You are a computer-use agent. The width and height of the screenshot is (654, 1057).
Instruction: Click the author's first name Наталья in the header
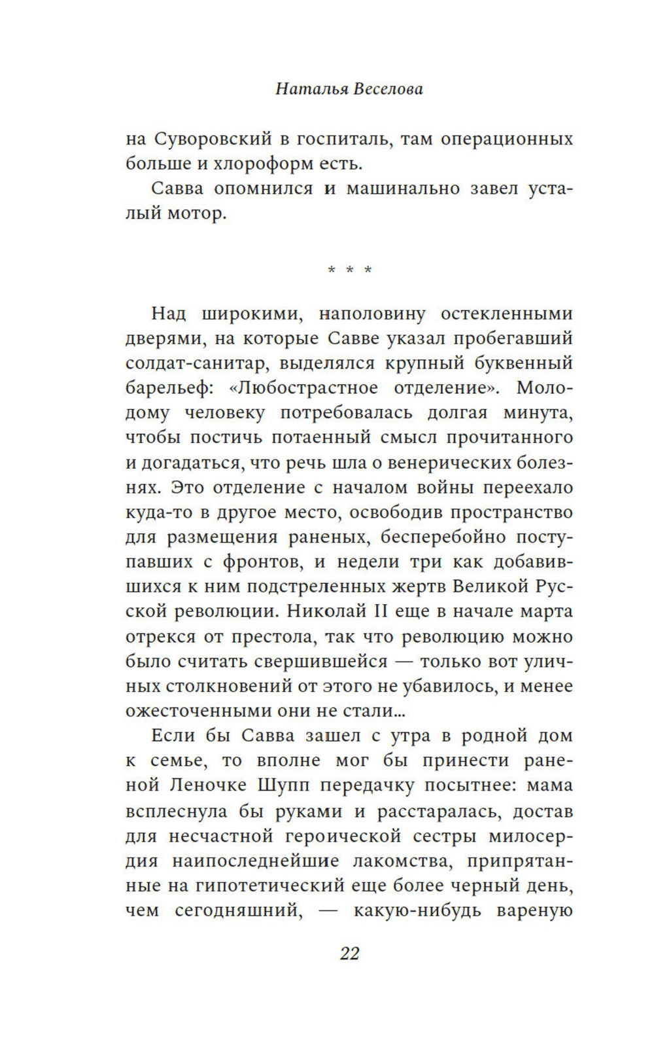[x=311, y=89]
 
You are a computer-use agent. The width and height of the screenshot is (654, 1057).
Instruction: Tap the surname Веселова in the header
[x=388, y=89]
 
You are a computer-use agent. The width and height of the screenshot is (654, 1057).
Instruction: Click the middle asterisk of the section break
[x=350, y=270]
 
